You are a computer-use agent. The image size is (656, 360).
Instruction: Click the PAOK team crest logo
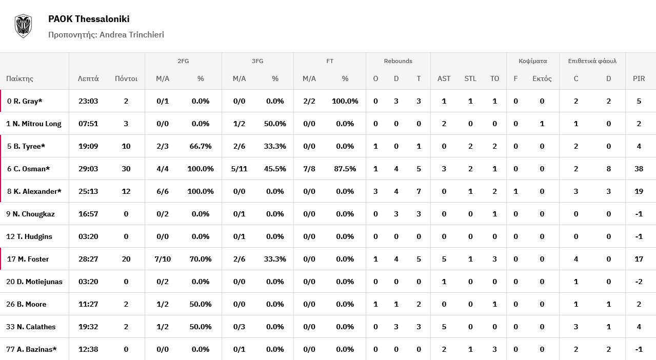[x=23, y=26]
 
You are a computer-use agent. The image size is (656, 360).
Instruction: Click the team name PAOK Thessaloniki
[x=89, y=19]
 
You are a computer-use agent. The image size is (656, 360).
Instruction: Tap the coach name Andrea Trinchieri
[x=132, y=34]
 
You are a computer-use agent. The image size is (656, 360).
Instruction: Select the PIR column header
[x=639, y=78]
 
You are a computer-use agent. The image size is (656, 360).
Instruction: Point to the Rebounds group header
[x=398, y=61]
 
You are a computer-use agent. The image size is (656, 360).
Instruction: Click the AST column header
[x=444, y=78]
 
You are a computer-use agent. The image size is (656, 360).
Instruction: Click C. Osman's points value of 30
[x=126, y=169]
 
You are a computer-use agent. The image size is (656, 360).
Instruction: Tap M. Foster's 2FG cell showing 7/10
[x=163, y=259]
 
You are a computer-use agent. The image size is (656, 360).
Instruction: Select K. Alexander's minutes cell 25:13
[x=88, y=191]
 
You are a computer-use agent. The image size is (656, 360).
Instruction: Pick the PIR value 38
[x=639, y=169]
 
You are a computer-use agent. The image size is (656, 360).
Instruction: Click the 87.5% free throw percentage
[x=345, y=169]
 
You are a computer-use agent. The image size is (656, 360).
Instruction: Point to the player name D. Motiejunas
[x=39, y=282]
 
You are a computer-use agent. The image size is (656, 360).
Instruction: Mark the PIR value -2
[x=639, y=282]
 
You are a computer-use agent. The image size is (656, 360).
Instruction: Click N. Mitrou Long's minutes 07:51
[x=88, y=124]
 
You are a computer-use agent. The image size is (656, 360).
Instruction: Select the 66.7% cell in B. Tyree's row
[x=201, y=146]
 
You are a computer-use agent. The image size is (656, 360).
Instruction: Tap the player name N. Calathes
[x=36, y=327]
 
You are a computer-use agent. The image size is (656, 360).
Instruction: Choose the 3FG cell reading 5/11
[x=239, y=169]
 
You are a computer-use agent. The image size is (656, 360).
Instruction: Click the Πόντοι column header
[x=126, y=78]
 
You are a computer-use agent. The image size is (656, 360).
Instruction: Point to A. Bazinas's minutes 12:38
[x=88, y=349]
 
